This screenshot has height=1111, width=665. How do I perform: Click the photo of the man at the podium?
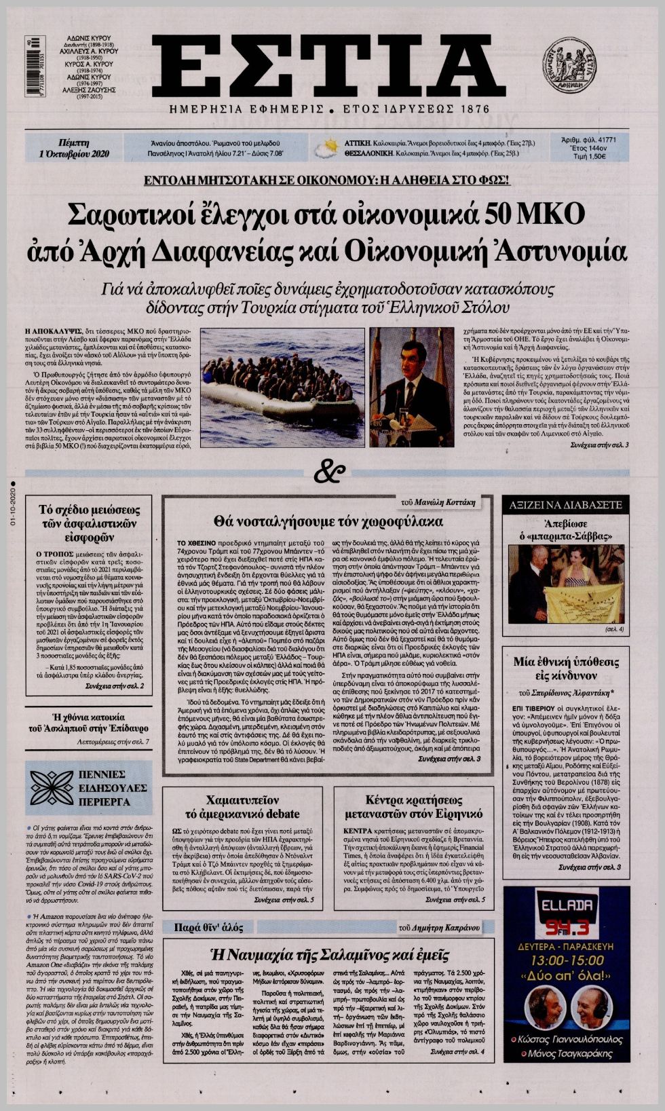coord(412,387)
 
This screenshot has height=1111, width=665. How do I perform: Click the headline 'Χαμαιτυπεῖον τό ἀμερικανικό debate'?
coord(243,807)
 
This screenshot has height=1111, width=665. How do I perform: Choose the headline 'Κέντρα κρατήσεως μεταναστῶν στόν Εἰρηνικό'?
coord(414,807)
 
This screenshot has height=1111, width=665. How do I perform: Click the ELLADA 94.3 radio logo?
coord(567,913)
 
